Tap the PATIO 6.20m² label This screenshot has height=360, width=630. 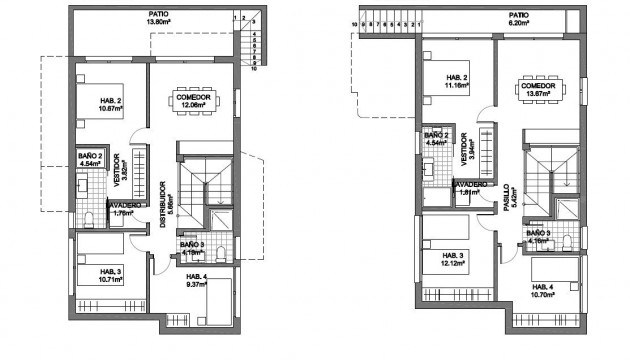coord(518,19)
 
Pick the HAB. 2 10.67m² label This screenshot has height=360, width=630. coord(112,103)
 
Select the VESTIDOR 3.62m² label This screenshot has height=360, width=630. coord(119,166)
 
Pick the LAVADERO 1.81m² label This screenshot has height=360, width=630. coord(469,188)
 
